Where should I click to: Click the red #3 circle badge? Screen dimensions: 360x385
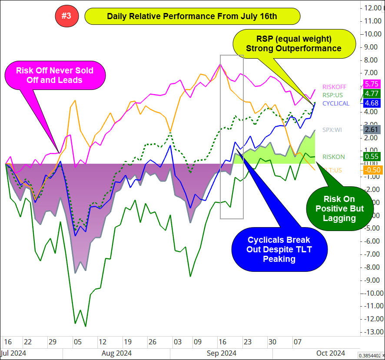[x=66, y=17]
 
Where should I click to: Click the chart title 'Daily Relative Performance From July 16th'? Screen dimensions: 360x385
[x=192, y=17]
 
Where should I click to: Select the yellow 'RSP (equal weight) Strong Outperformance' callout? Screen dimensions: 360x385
[x=294, y=43]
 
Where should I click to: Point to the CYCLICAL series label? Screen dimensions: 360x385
[x=335, y=103]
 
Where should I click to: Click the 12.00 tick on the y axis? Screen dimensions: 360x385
[x=373, y=7]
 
